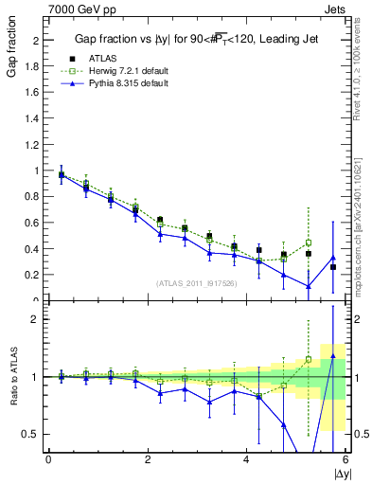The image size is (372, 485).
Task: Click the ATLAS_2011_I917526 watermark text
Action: tap(196, 282)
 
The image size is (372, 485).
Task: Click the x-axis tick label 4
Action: tap(247, 460)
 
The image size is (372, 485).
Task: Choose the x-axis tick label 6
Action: tap(345, 460)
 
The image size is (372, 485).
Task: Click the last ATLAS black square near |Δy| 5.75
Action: tap(333, 267)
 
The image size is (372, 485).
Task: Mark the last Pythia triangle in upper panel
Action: tap(333, 258)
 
